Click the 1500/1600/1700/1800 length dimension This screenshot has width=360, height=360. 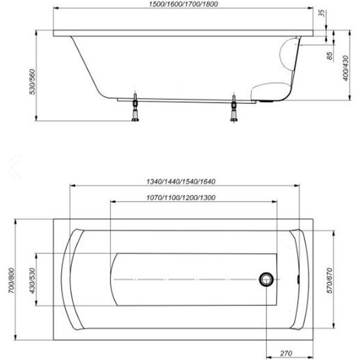184,4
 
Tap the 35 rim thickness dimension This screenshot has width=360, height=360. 323,13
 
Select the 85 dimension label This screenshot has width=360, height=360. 329,56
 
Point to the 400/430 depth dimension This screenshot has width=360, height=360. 346,68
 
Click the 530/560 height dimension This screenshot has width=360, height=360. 32,82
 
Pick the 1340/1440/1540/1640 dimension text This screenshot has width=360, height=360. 181,182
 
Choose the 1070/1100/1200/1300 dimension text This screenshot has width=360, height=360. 181,197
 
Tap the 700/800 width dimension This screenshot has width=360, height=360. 11,280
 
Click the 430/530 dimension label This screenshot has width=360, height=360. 32,281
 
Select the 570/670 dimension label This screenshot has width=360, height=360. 329,281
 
